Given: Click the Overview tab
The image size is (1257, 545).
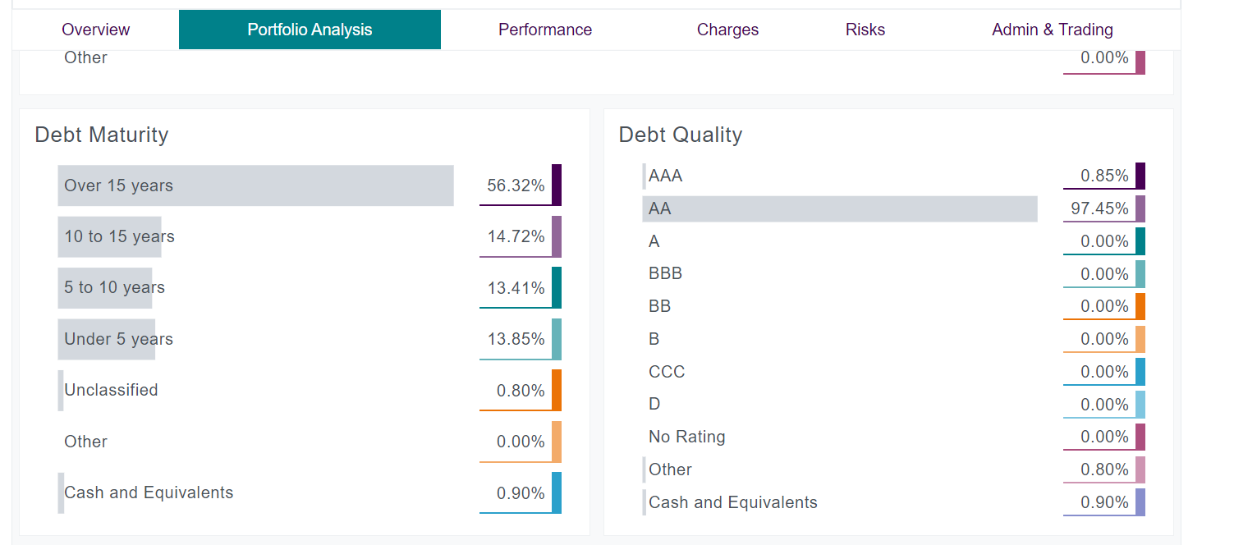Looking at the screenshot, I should tap(95, 30).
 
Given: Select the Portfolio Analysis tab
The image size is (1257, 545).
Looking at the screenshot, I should tap(310, 30).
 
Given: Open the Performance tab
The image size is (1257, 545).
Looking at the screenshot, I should tap(544, 30).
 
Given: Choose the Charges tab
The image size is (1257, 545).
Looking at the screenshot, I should tap(727, 30).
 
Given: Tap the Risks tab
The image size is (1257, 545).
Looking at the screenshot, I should tap(865, 30).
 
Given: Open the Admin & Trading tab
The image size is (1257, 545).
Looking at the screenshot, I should tap(1052, 30).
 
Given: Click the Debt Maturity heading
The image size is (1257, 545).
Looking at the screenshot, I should tap(101, 135).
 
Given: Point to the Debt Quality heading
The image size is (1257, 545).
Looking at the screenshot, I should tap(680, 135).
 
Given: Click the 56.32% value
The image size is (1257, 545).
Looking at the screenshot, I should tap(516, 185).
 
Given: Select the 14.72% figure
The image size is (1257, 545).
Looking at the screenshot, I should tap(516, 236).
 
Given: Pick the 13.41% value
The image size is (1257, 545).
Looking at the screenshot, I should tap(516, 288).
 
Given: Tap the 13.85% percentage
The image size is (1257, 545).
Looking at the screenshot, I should tap(516, 339).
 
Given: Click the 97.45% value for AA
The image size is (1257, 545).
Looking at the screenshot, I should tap(1099, 208).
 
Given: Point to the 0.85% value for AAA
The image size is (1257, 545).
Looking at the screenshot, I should tap(1104, 176).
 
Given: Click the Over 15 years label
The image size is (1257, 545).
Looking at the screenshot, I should tap(118, 185).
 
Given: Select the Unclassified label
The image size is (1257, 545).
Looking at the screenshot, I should tap(111, 390).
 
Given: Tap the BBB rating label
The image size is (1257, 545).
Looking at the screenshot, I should tap(665, 273).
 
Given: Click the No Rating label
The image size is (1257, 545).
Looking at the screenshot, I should tap(686, 437).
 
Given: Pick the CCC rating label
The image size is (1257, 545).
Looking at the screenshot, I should tap(666, 372).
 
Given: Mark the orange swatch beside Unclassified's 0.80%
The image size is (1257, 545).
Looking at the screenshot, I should tap(557, 390).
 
